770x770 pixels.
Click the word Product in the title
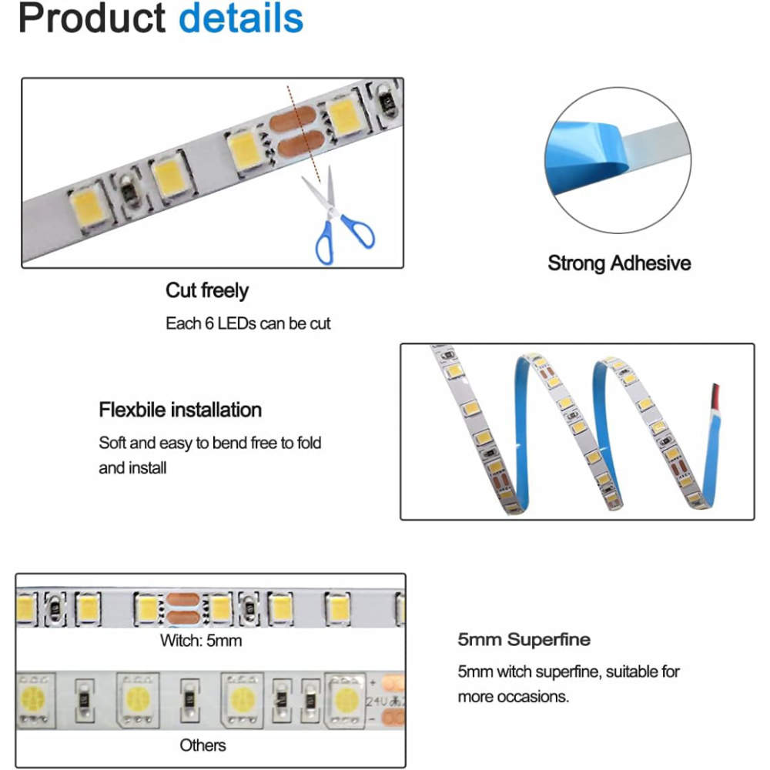92,18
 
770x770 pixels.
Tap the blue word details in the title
241,18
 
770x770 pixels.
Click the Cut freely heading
206,291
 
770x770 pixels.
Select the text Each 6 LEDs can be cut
248,323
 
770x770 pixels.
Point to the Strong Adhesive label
619,263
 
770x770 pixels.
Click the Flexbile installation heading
180,410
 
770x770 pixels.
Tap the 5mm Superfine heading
524,639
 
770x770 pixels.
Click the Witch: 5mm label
201,641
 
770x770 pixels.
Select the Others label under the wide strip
203,745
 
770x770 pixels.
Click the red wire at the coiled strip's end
715,395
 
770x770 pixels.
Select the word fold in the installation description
309,443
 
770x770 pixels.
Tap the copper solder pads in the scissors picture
297,132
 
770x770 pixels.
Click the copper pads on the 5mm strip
182,608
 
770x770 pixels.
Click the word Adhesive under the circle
651,263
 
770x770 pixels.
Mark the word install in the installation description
147,468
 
